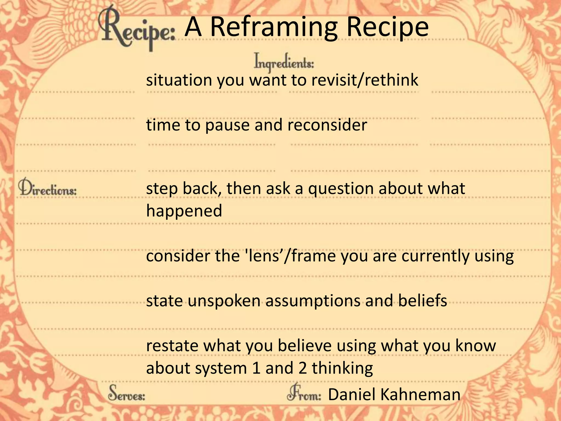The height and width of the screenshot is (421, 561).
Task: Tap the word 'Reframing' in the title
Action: click(274, 27)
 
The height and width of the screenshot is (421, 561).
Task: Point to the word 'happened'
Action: click(184, 211)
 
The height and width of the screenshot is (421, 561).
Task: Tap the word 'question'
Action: click(341, 189)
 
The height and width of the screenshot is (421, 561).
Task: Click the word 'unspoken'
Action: click(224, 301)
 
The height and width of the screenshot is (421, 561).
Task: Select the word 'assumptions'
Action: click(313, 301)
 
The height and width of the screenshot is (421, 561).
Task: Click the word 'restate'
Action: click(172, 346)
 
